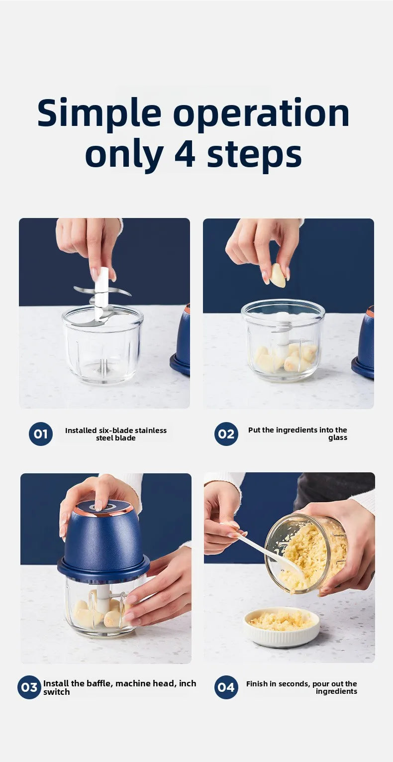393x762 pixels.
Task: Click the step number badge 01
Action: (41, 434)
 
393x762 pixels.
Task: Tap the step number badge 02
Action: (226, 434)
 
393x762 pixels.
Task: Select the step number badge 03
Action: (29, 687)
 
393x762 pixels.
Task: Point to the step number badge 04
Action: (226, 687)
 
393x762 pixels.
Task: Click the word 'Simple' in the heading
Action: (99, 113)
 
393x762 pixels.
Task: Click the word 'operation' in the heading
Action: (261, 113)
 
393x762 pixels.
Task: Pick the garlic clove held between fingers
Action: (278, 275)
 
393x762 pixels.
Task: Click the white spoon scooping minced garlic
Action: (269, 552)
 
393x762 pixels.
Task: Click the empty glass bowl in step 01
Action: (102, 348)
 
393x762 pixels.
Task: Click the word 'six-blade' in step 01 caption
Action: (114, 431)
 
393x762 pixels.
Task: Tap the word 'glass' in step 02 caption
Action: (338, 438)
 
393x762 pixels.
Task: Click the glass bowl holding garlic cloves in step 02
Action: (283, 343)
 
